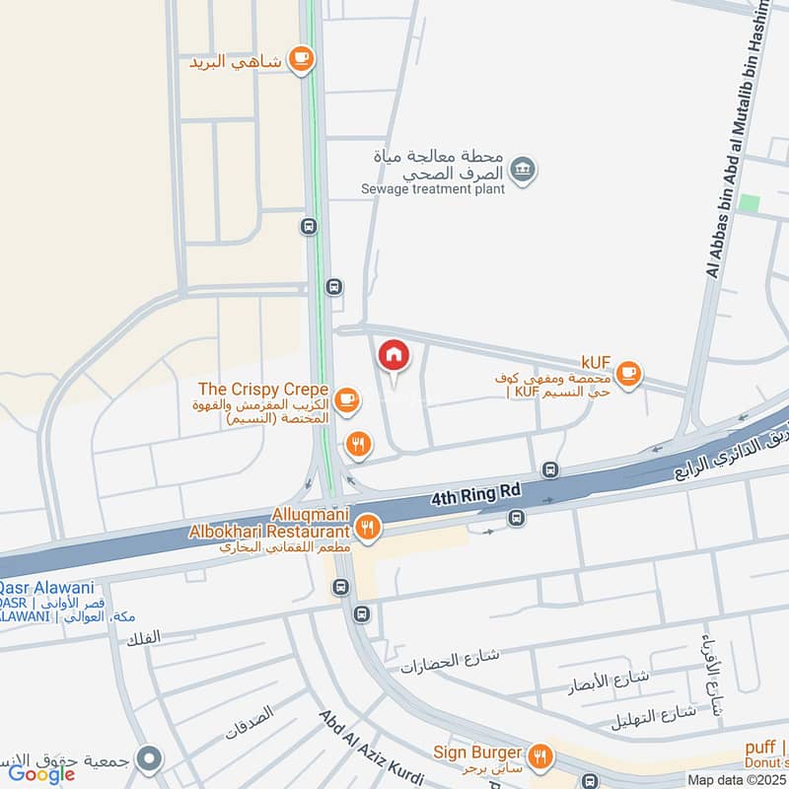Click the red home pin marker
click(x=394, y=356)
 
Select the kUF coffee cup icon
click(x=628, y=375)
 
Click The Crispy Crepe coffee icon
click(x=346, y=399)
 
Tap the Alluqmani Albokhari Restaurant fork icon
click(x=369, y=527)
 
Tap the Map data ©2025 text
click(x=737, y=780)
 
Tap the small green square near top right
click(x=750, y=202)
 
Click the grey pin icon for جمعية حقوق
click(x=149, y=758)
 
